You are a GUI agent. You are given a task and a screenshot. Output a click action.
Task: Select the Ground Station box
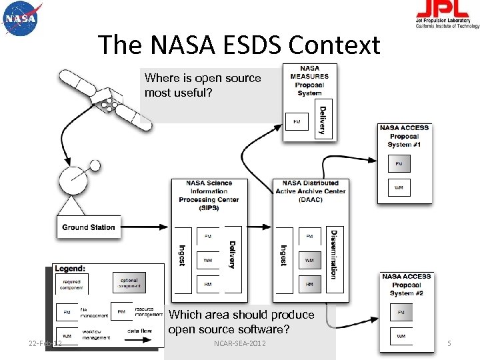click(x=89, y=227)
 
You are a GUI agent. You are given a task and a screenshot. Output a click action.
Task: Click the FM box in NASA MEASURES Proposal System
click(x=297, y=122)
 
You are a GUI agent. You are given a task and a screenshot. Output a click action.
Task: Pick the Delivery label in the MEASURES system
click(x=323, y=121)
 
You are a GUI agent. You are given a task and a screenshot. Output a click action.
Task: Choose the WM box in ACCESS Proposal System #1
click(x=399, y=188)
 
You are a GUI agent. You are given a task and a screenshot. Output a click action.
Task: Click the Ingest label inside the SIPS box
click(x=182, y=255)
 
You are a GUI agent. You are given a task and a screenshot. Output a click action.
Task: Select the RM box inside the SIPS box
click(x=208, y=284)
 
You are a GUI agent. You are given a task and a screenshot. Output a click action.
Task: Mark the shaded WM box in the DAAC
click(x=309, y=260)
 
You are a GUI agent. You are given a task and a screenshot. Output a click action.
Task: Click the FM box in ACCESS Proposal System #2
click(x=401, y=312)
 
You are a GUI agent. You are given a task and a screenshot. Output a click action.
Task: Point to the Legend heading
click(x=70, y=269)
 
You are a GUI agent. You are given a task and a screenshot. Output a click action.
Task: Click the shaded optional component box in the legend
click(x=129, y=283)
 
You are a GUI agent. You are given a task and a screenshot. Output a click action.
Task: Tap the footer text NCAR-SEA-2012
click(x=240, y=343)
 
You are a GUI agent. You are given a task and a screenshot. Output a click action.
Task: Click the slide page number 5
click(x=449, y=343)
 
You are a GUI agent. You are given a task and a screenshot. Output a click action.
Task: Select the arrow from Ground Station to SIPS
click(x=146, y=227)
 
